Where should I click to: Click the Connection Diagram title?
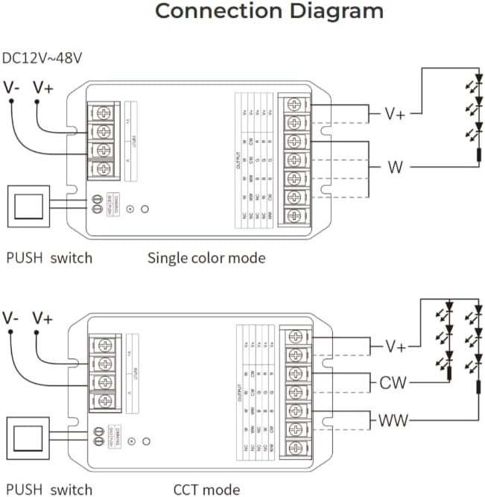(x=269, y=12)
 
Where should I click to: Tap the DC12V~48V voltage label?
(x=44, y=57)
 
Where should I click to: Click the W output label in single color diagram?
(x=395, y=166)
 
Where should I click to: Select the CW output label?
(x=393, y=384)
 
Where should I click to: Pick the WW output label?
(x=393, y=421)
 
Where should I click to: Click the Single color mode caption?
(x=206, y=259)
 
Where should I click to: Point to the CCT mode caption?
(x=206, y=490)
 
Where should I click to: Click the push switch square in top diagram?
(x=28, y=206)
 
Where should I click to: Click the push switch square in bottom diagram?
(x=28, y=439)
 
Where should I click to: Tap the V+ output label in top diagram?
(x=395, y=114)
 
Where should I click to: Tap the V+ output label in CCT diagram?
(x=396, y=347)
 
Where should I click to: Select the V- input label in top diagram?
(x=11, y=88)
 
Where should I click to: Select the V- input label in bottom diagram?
(x=10, y=318)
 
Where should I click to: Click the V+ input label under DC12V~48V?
(x=44, y=88)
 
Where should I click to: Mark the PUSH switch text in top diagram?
(x=49, y=259)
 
